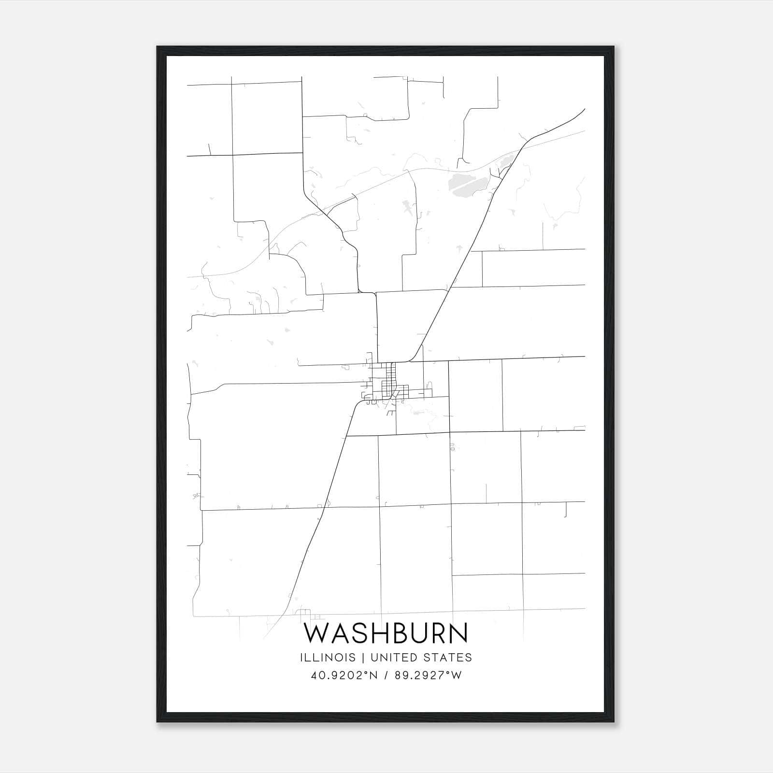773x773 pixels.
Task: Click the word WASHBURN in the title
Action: (386, 633)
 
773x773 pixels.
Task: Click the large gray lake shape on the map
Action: (466, 185)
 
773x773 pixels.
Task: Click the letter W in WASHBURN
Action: (316, 633)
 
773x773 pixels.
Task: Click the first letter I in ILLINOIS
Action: (302, 658)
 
